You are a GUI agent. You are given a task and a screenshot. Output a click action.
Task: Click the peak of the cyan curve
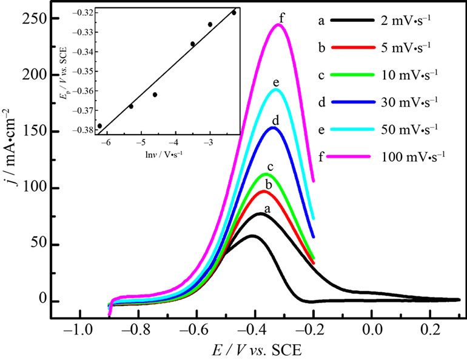pos(277,90)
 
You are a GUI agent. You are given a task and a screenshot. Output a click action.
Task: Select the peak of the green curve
pos(266,175)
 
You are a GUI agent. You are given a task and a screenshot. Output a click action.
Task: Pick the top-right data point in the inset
pos(234,13)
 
